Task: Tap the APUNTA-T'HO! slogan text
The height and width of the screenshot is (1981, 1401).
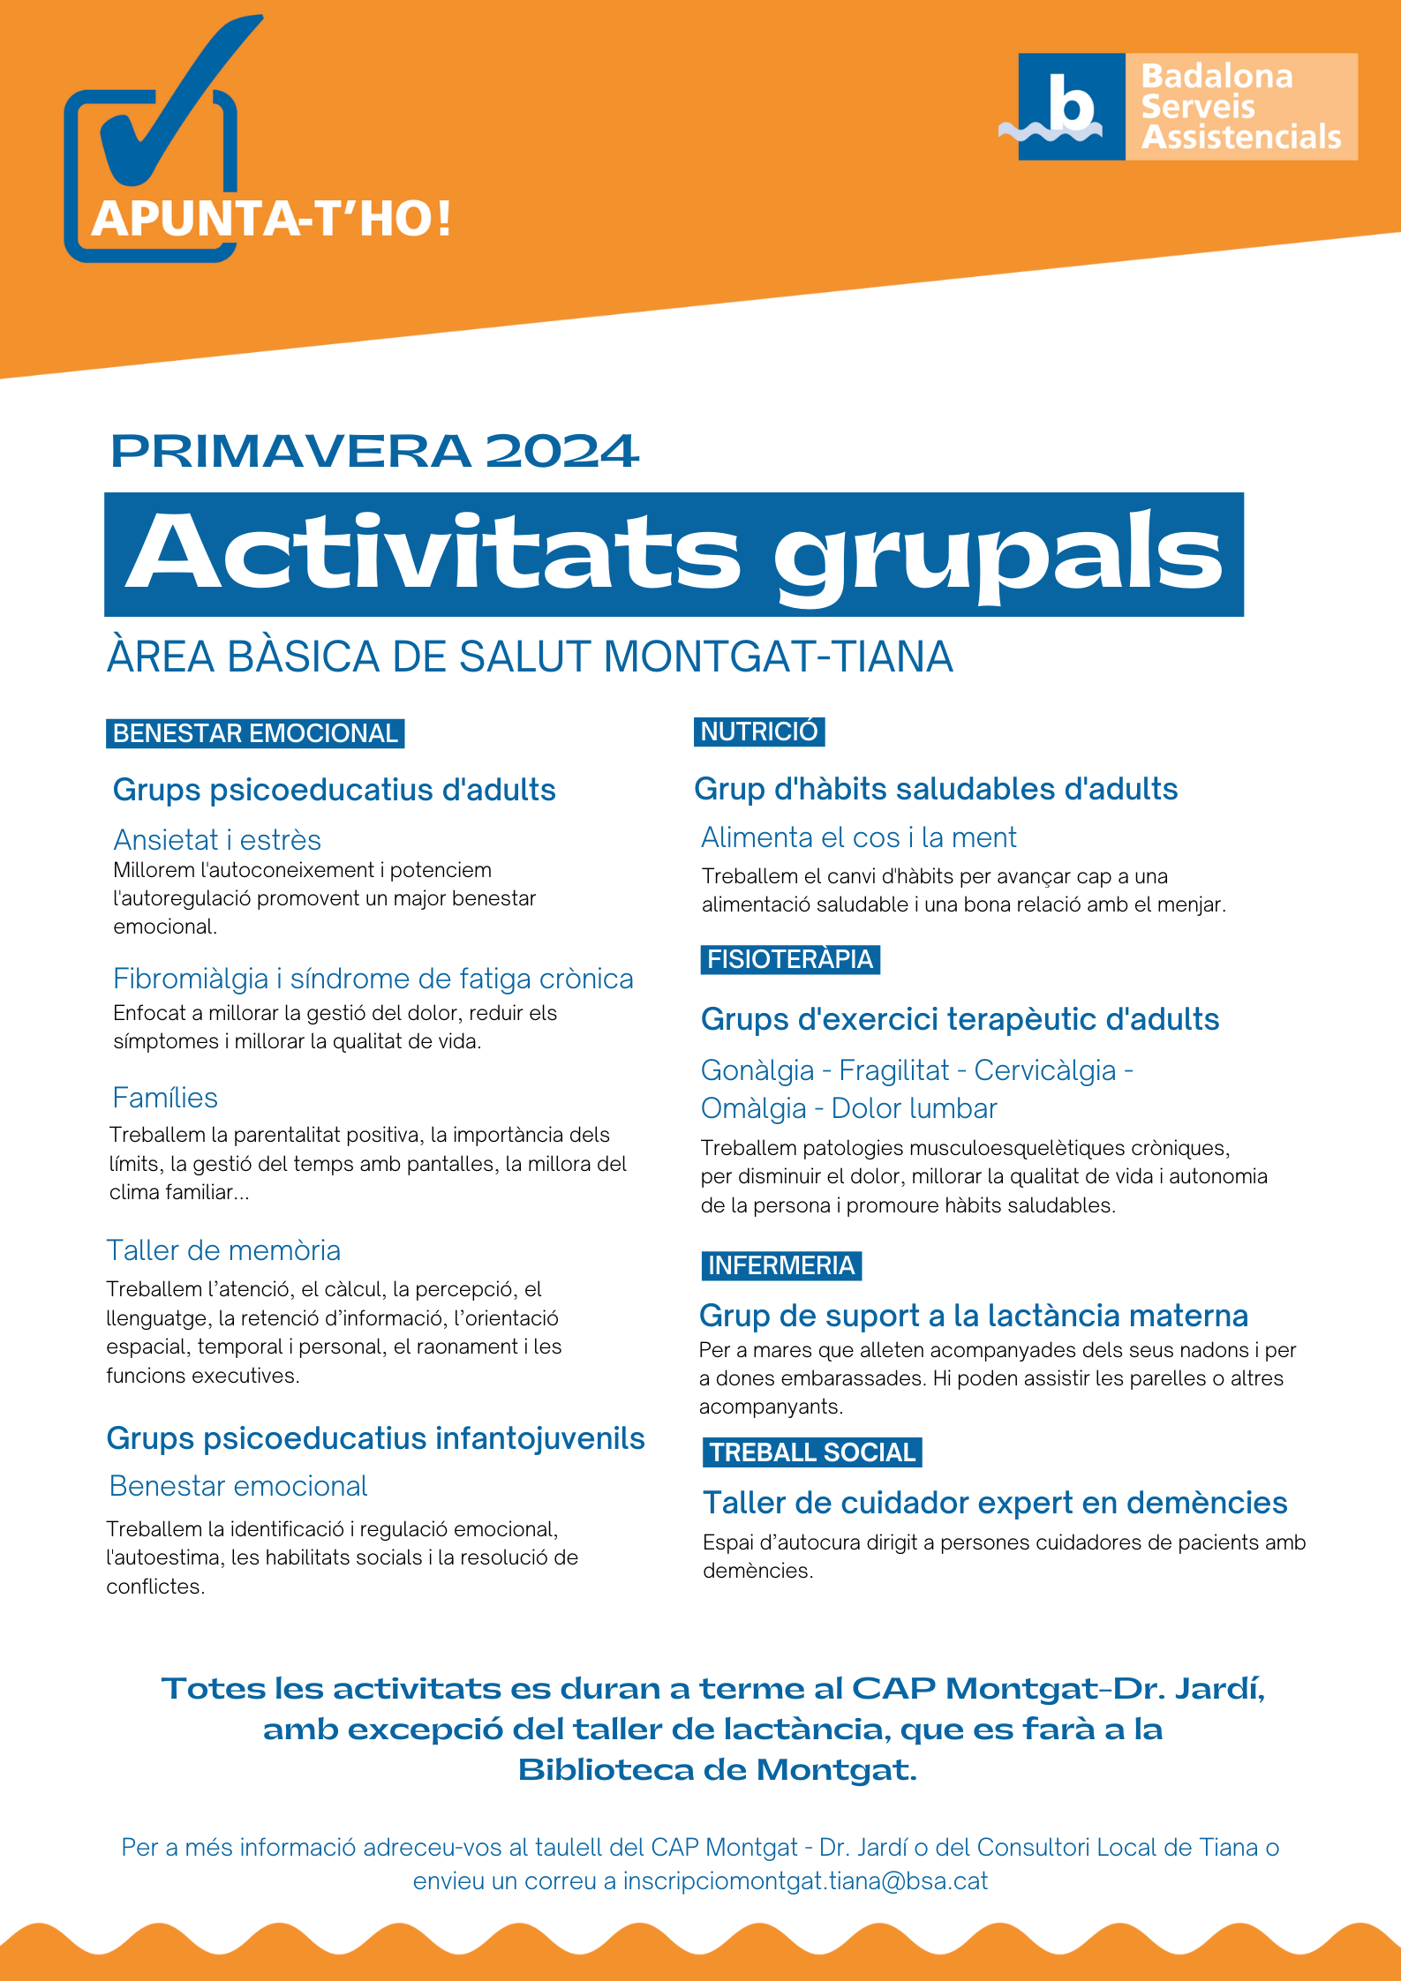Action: [271, 219]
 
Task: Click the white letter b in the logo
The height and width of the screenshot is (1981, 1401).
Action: [1071, 104]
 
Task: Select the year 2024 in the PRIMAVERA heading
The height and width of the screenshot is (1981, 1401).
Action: [561, 452]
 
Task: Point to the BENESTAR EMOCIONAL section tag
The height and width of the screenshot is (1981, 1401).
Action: [255, 733]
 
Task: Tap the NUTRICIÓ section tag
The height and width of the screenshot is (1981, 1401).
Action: [759, 732]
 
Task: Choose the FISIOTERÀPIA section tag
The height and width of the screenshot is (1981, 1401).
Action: [790, 959]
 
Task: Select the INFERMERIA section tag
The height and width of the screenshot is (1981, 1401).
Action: [781, 1265]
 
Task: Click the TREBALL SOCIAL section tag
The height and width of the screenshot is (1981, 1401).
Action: [812, 1452]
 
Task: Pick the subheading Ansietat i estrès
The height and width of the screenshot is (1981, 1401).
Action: [217, 839]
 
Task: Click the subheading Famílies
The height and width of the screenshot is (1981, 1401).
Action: [165, 1098]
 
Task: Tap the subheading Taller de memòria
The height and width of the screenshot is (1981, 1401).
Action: [223, 1250]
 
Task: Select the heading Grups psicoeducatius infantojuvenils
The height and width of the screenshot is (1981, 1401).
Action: [375, 1438]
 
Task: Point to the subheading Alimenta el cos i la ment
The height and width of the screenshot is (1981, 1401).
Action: [858, 837]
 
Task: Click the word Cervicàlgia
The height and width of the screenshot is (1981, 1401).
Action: [1045, 1070]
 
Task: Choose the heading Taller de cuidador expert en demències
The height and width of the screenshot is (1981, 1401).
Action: [995, 1503]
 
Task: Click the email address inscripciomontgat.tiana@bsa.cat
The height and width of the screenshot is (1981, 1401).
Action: [805, 1881]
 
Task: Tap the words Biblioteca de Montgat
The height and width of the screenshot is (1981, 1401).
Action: [717, 1769]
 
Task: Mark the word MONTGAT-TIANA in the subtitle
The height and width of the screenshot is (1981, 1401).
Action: [778, 657]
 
